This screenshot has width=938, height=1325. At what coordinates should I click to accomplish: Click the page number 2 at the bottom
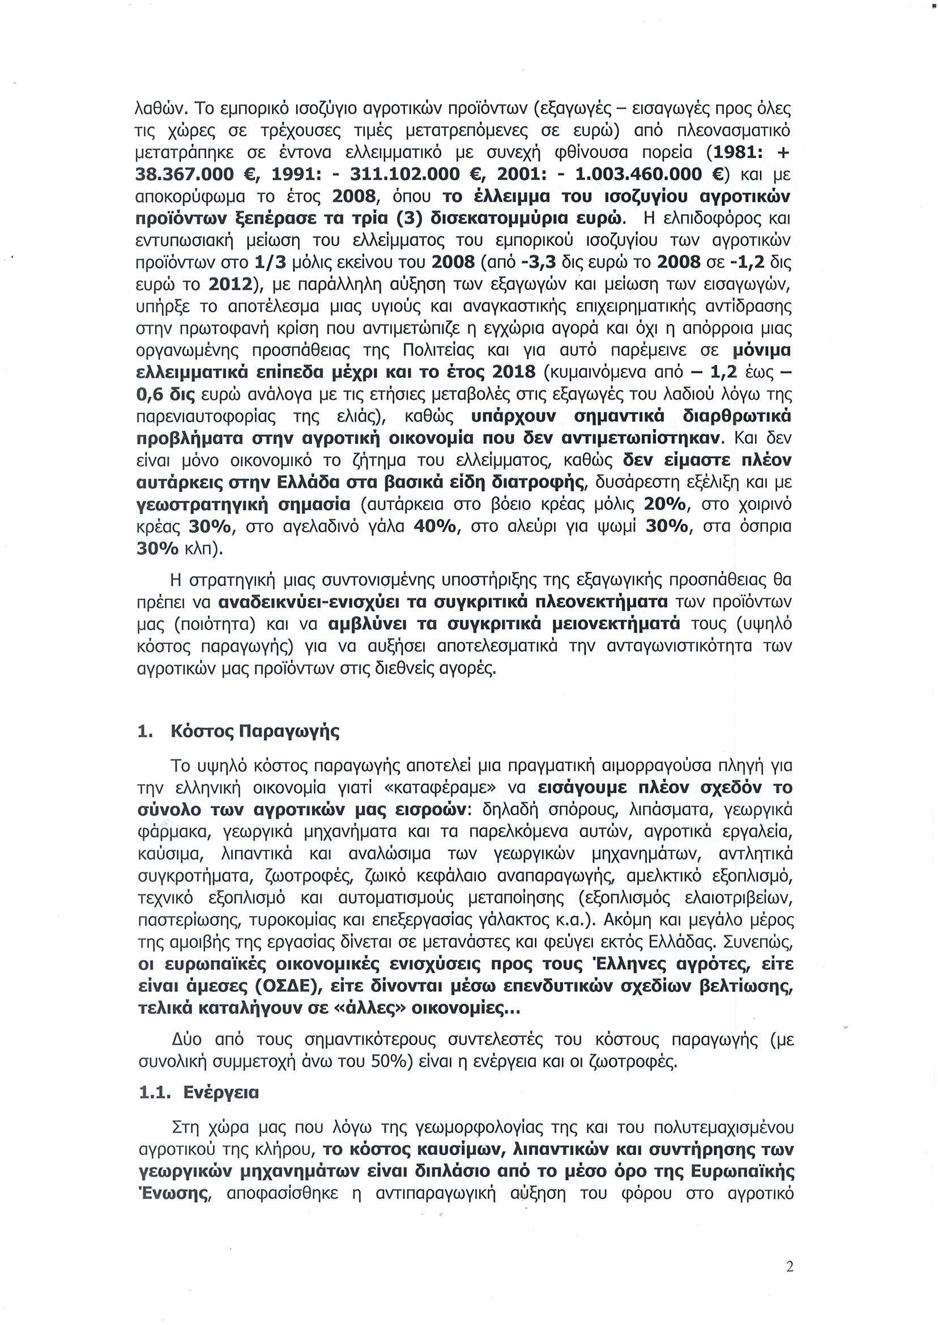tap(790, 1266)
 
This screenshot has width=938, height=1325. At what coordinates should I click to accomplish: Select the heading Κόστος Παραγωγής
tap(255, 731)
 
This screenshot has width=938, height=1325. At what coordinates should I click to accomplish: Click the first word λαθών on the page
tap(159, 109)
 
